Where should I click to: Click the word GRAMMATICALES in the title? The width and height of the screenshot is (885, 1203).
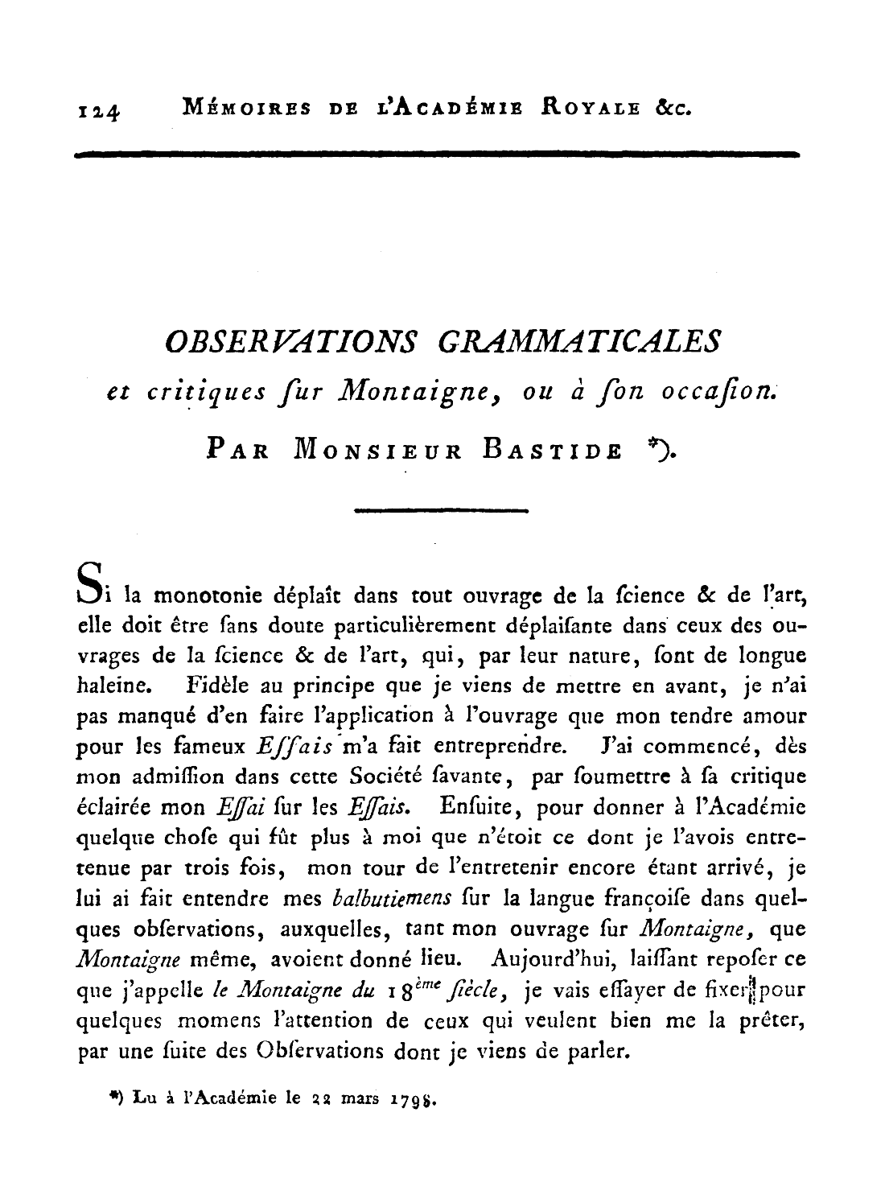(578, 342)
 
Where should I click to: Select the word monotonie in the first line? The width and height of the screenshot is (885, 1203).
(205, 595)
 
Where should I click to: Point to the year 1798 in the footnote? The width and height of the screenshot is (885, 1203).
(414, 1098)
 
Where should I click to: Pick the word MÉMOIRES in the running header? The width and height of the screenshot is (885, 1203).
(239, 105)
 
